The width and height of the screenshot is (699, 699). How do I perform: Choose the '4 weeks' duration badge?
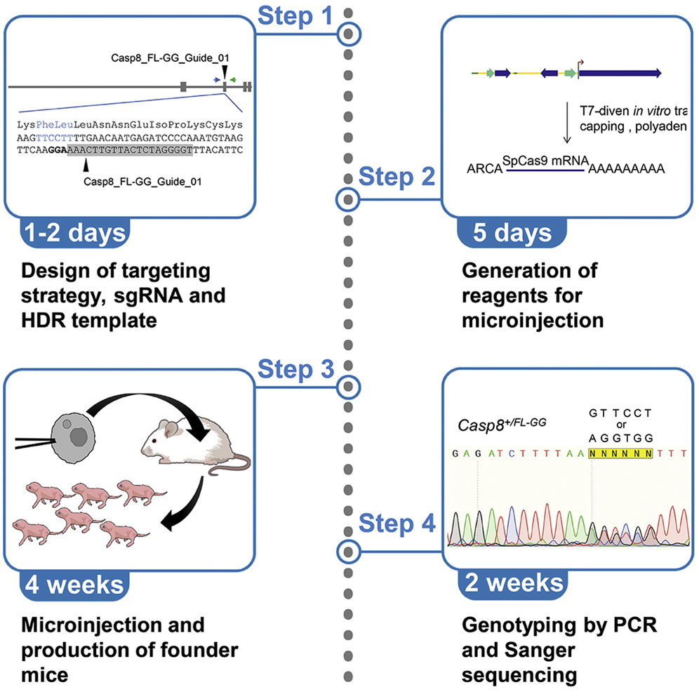(73, 583)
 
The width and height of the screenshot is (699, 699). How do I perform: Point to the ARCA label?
(482, 169)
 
